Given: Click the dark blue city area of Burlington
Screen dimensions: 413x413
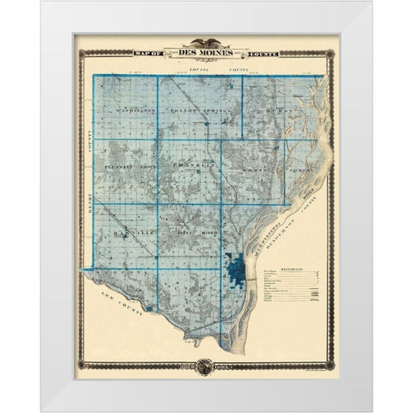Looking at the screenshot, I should tap(237, 280).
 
